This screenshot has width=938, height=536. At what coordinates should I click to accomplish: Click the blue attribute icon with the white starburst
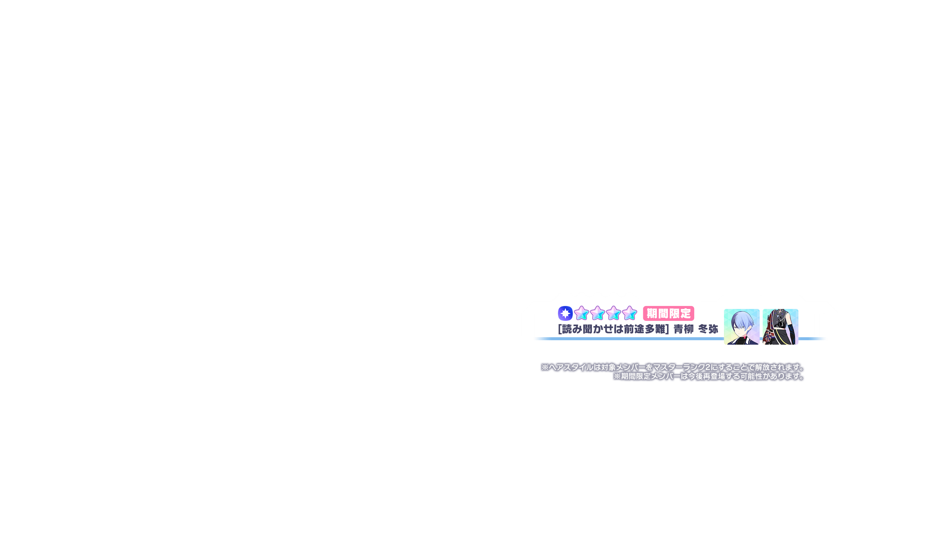(x=565, y=313)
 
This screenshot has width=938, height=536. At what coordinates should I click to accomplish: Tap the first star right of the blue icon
(x=581, y=313)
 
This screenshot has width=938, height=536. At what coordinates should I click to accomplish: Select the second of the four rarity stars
(x=597, y=313)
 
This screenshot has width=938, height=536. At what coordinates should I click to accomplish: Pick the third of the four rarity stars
(x=613, y=313)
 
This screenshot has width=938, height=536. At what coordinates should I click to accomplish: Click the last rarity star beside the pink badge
(x=629, y=313)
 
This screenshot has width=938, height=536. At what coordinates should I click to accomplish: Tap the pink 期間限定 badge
(x=669, y=313)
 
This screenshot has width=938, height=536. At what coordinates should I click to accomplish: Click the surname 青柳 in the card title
(x=684, y=329)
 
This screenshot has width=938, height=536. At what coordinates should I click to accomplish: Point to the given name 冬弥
(x=708, y=329)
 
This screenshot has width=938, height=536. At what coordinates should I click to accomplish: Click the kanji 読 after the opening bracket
(x=567, y=329)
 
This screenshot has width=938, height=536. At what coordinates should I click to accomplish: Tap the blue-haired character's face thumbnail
(x=741, y=327)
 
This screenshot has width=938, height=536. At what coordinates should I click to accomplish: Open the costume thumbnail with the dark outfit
(x=780, y=327)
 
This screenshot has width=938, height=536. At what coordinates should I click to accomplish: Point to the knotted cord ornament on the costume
(x=768, y=336)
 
